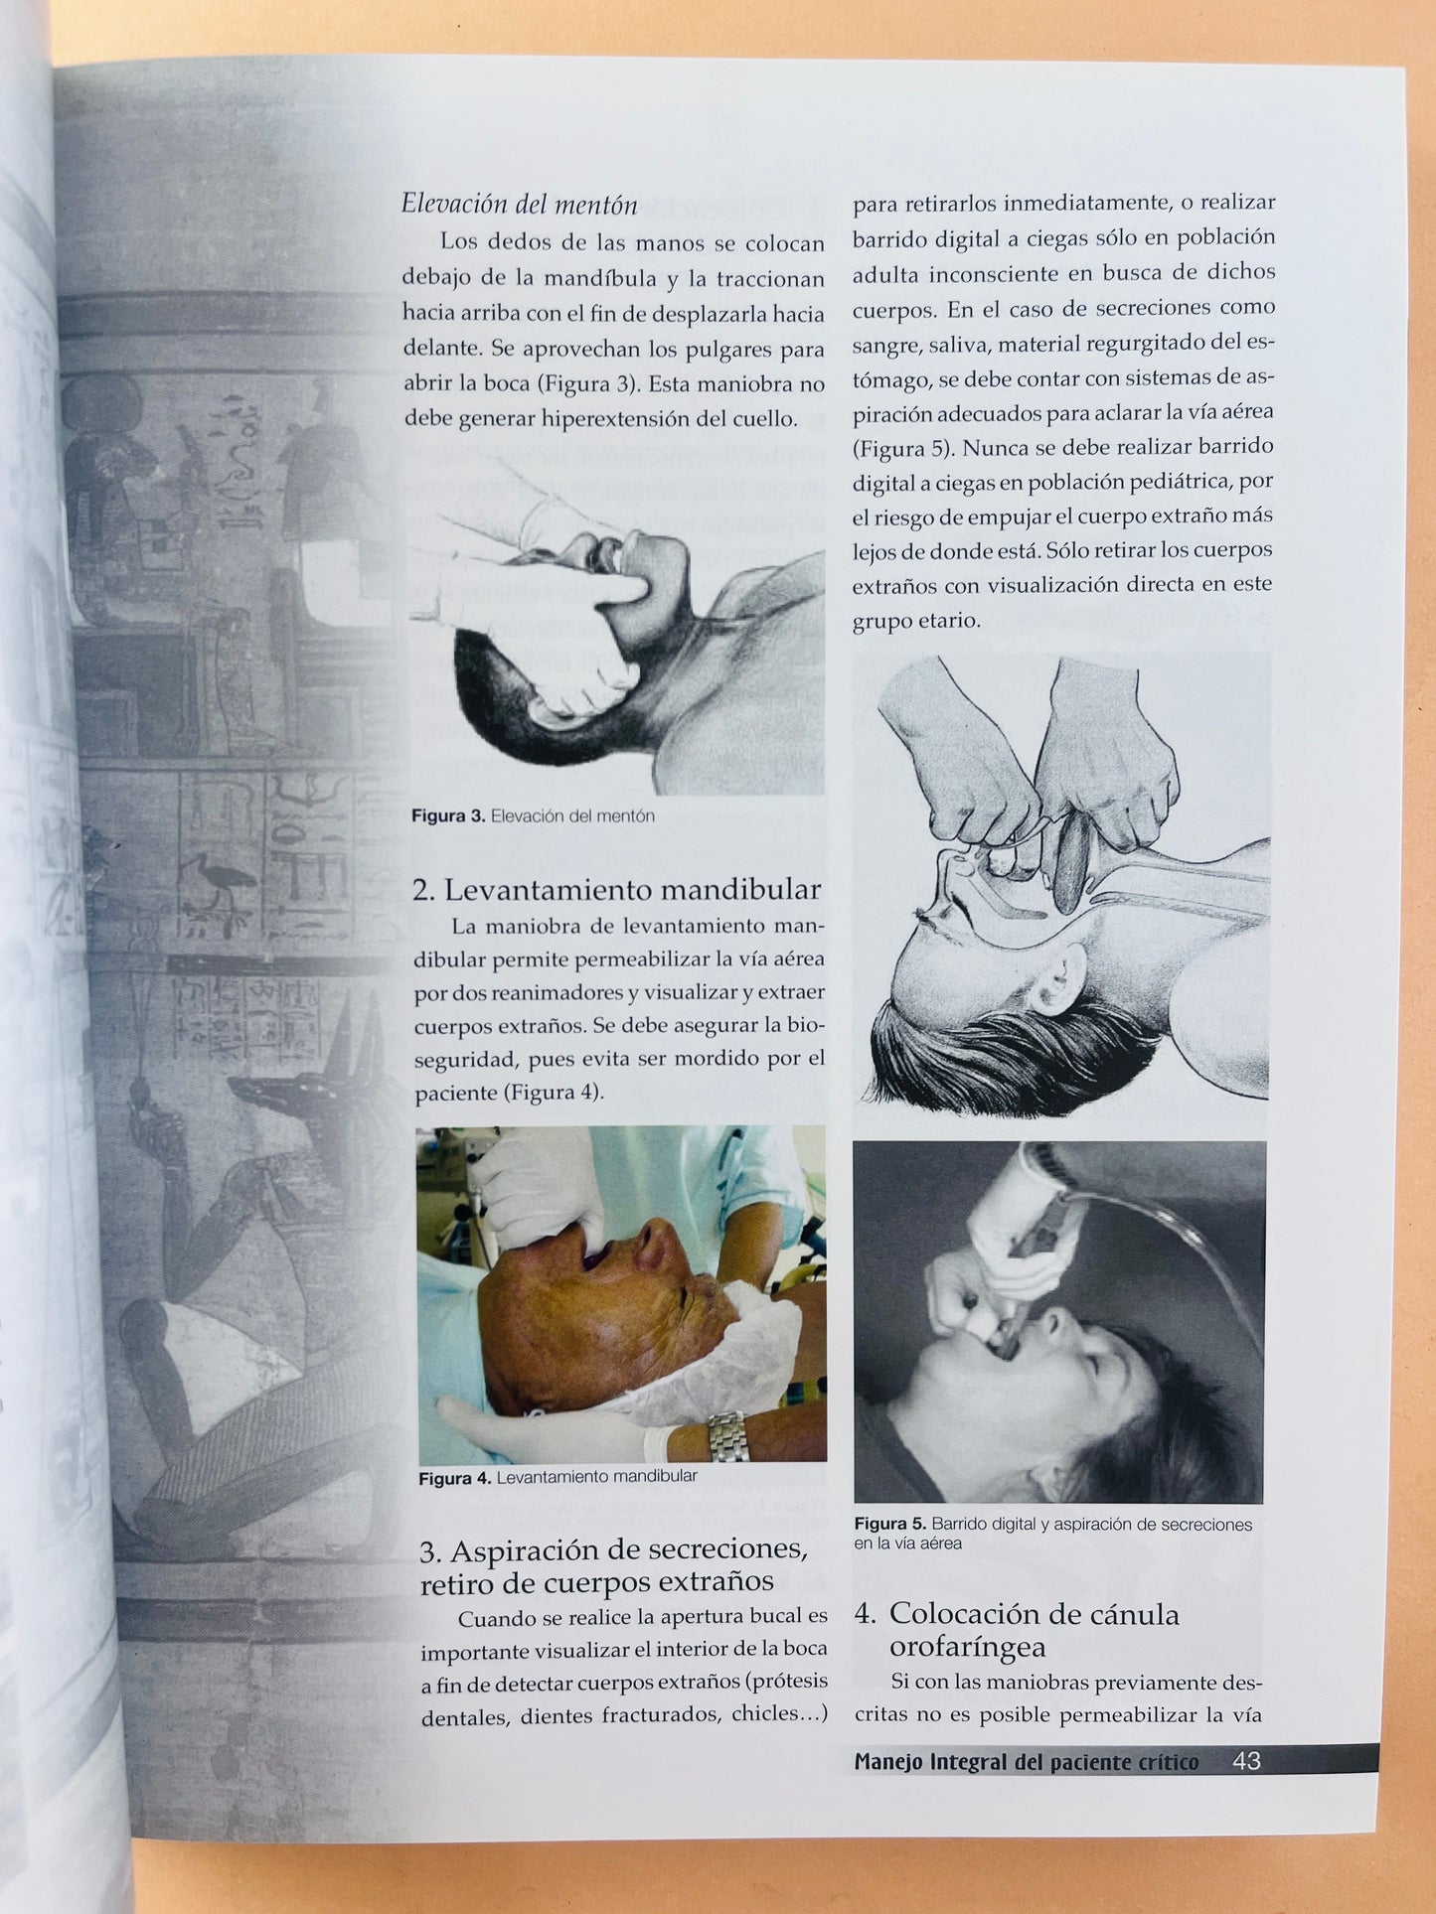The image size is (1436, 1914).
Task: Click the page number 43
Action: (1246, 1761)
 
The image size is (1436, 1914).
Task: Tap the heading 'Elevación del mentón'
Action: (519, 205)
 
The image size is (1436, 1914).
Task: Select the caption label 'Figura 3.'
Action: (448, 816)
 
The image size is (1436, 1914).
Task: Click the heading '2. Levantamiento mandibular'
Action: (617, 889)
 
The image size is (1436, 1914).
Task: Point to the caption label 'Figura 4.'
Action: (455, 1478)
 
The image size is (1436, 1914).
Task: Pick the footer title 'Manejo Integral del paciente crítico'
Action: (1027, 1762)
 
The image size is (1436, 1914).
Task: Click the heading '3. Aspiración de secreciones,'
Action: (613, 1549)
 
